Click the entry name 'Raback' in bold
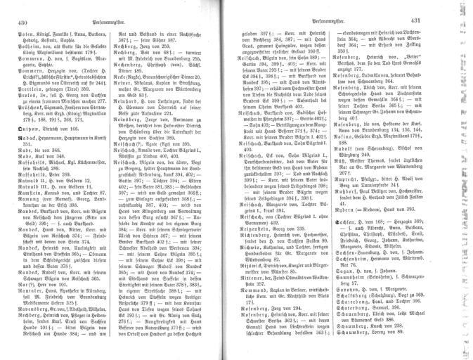click(20, 120)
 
